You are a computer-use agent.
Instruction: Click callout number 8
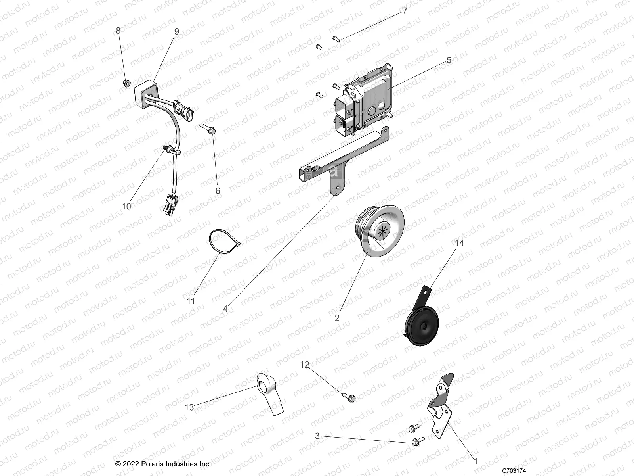pyautogui.click(x=118, y=31)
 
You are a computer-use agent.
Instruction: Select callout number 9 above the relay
pyautogui.click(x=176, y=31)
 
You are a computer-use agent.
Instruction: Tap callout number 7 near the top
pyautogui.click(x=405, y=11)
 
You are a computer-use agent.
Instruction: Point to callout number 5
pyautogui.click(x=449, y=60)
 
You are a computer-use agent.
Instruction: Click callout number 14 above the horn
pyautogui.click(x=459, y=242)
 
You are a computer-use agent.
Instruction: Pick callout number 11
pyautogui.click(x=191, y=301)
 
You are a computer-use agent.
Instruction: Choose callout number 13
pyautogui.click(x=189, y=407)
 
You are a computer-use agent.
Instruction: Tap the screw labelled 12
pyautogui.click(x=349, y=396)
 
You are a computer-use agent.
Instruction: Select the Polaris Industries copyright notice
pyautogui.click(x=163, y=464)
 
